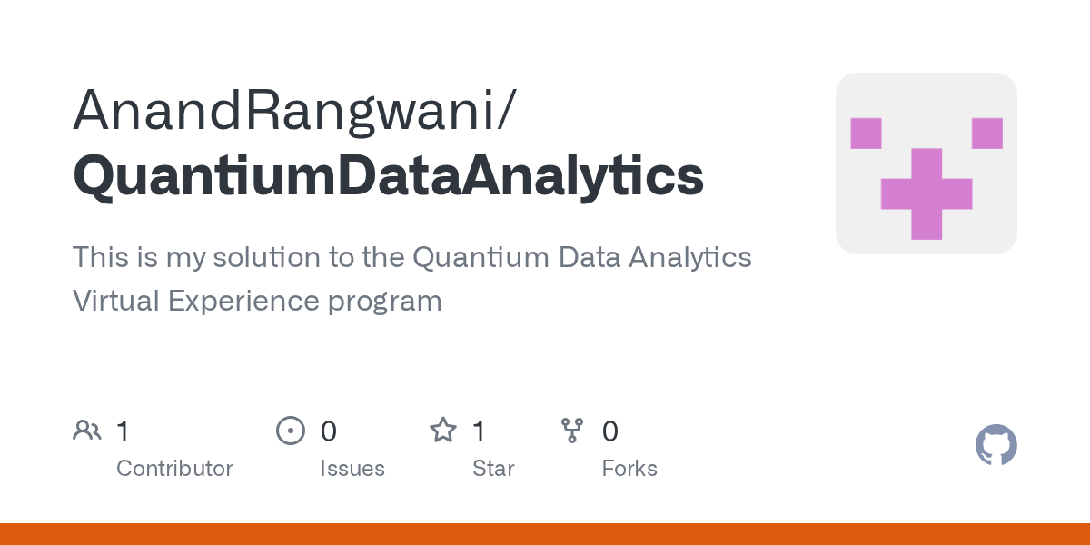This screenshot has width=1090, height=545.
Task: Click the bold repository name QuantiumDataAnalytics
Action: [388, 175]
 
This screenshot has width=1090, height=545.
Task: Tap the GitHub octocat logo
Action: [996, 445]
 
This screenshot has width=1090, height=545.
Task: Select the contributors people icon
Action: [87, 431]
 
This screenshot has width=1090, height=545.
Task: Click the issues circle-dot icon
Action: [291, 431]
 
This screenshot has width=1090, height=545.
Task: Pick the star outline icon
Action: [443, 431]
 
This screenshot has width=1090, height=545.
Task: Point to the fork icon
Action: [572, 431]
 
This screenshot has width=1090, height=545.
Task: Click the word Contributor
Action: [174, 469]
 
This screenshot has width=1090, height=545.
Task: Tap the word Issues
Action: [352, 469]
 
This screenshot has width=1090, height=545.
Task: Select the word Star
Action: [493, 469]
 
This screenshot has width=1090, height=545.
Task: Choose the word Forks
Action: [629, 469]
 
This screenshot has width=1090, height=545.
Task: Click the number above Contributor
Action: [123, 431]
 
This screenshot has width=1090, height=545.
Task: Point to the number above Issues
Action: [328, 431]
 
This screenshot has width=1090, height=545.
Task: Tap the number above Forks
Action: [610, 431]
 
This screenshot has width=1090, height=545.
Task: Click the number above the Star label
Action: [479, 431]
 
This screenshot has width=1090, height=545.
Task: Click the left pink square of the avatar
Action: [866, 134]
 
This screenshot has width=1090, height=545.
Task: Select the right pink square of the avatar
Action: [986, 134]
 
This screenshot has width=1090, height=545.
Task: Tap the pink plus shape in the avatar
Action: [926, 193]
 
